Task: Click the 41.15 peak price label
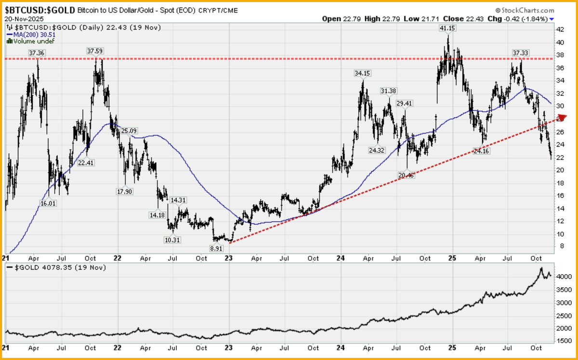(x=447, y=28)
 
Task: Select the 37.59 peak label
(x=95, y=51)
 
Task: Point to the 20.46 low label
(x=408, y=175)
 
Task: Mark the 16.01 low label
(x=48, y=203)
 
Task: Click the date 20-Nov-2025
(x=24, y=18)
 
